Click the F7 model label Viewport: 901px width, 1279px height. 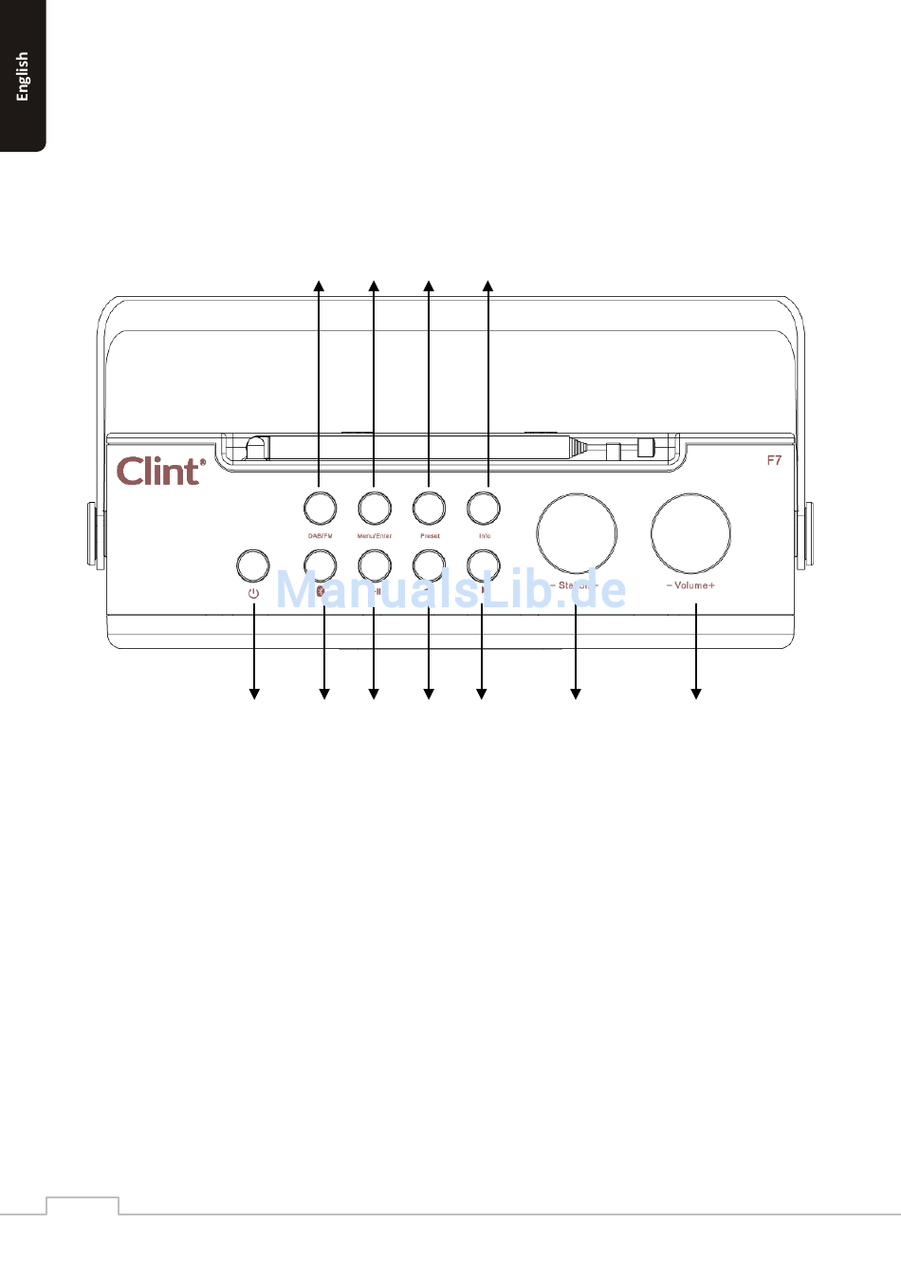774,460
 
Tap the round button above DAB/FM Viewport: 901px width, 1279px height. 320,508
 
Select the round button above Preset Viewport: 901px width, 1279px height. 430,508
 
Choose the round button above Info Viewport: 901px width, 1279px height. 485,508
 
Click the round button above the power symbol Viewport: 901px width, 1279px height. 252,565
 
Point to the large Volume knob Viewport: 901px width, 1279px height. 690,532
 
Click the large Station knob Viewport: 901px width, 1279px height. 577,532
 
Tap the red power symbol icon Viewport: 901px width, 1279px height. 253,594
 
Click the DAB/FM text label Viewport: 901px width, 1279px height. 320,536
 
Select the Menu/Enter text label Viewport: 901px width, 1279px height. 375,536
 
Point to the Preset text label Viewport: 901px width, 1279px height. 430,536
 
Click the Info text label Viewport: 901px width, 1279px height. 485,536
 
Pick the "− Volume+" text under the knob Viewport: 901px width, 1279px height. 690,585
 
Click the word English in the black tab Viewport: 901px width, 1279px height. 23,76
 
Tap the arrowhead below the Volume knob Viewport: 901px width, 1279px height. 696,695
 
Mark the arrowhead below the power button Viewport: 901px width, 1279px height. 253,695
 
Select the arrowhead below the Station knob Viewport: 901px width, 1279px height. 575,695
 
